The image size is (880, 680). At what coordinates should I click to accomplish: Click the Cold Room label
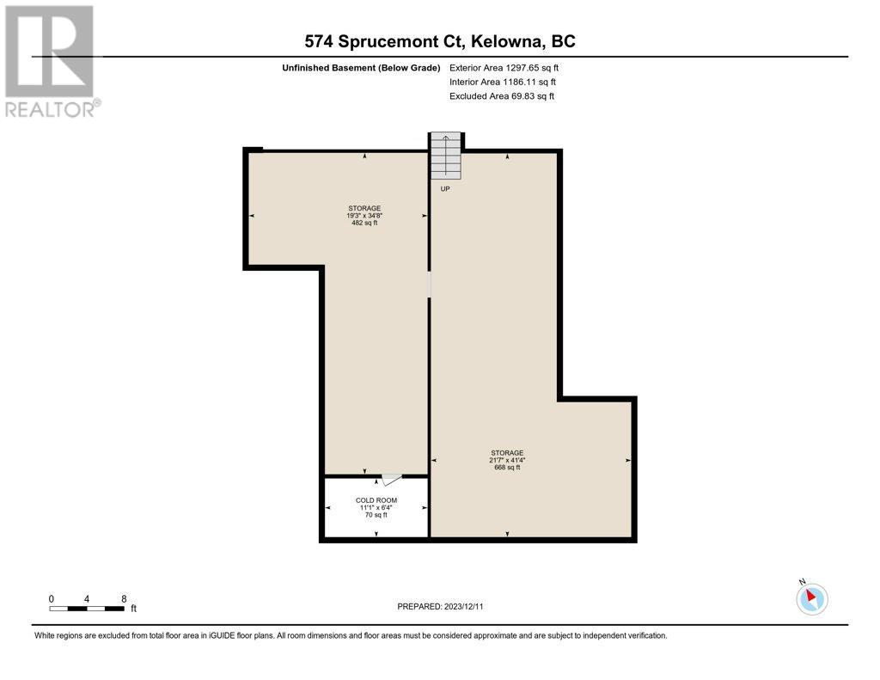tap(376, 500)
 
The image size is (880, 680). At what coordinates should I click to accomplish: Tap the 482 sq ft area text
tap(364, 223)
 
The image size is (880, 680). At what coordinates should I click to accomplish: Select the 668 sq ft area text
tap(507, 467)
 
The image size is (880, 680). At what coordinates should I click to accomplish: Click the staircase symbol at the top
tap(446, 156)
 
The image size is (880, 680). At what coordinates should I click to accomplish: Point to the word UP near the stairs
tap(445, 188)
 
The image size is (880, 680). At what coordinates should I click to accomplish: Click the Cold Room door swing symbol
tap(391, 480)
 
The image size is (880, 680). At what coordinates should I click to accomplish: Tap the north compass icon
tap(811, 598)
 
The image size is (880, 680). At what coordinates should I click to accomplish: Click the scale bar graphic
tap(87, 609)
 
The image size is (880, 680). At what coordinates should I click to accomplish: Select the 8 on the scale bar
tap(124, 599)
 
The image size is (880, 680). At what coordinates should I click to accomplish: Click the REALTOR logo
tap(52, 61)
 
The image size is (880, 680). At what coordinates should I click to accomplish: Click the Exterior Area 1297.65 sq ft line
tap(504, 68)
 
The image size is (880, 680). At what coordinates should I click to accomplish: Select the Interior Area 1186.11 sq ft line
tap(502, 82)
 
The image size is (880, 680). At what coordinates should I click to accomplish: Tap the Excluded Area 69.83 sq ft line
tap(502, 96)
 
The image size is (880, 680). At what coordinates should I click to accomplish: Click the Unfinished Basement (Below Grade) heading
tap(361, 68)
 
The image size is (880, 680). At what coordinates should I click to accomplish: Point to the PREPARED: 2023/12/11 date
tap(440, 606)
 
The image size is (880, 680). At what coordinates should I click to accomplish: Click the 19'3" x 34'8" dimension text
tap(364, 216)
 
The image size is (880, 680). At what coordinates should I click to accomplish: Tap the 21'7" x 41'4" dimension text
tap(507, 460)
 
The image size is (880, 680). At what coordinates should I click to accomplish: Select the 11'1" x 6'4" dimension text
tap(376, 507)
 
